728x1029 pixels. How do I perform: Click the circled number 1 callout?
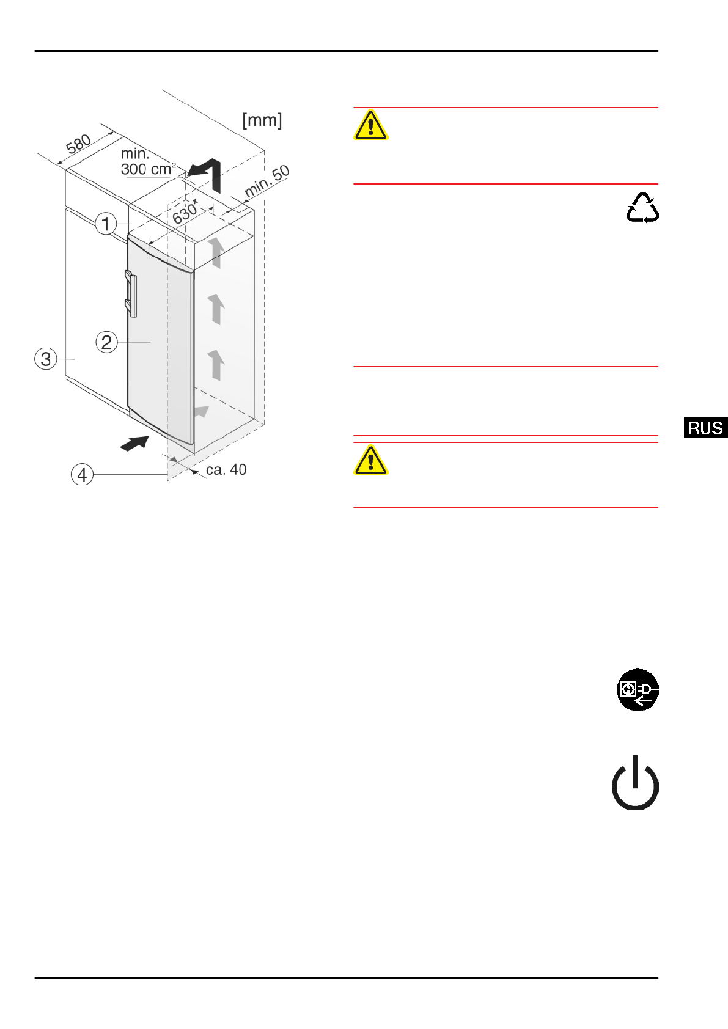pyautogui.click(x=106, y=224)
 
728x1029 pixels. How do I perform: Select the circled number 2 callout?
pyautogui.click(x=106, y=342)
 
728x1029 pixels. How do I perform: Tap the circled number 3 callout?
pyautogui.click(x=46, y=359)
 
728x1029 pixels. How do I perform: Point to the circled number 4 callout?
pyautogui.click(x=82, y=474)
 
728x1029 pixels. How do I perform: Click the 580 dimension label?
pyautogui.click(x=79, y=145)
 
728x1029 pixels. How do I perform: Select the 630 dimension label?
pyautogui.click(x=185, y=213)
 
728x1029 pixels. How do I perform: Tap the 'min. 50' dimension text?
pyautogui.click(x=267, y=181)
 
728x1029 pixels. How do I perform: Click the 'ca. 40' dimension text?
pyautogui.click(x=226, y=470)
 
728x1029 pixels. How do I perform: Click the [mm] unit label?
pyautogui.click(x=262, y=120)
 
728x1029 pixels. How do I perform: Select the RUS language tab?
pyautogui.click(x=705, y=428)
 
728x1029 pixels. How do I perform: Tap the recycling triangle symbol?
pyautogui.click(x=642, y=208)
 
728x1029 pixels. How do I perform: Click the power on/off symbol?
pyautogui.click(x=635, y=784)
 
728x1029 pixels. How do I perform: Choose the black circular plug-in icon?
pyautogui.click(x=638, y=690)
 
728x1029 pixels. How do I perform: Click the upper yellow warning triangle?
pyautogui.click(x=370, y=126)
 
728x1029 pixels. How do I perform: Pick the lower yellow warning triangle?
pyautogui.click(x=370, y=461)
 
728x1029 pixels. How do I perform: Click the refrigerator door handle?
pyautogui.click(x=131, y=294)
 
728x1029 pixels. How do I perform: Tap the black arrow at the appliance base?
pyautogui.click(x=135, y=443)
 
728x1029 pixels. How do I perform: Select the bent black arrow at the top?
pyautogui.click(x=206, y=174)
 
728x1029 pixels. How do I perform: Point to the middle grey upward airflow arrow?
pyautogui.click(x=216, y=309)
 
